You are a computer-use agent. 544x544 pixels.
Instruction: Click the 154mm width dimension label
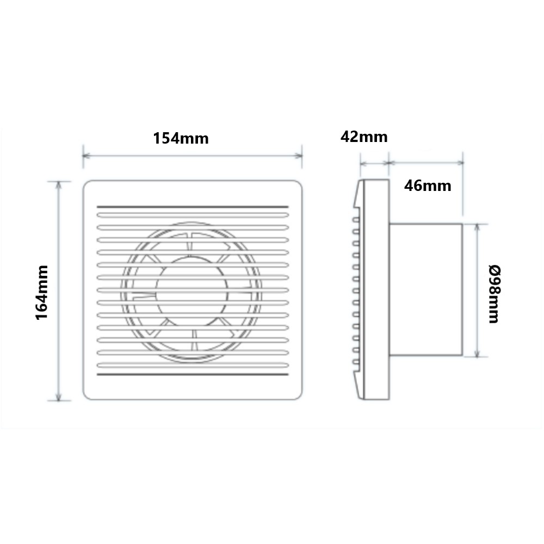pyautogui.click(x=181, y=138)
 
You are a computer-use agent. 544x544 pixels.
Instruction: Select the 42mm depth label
pyautogui.click(x=364, y=137)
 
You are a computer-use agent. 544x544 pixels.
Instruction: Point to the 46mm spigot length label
pyautogui.click(x=428, y=186)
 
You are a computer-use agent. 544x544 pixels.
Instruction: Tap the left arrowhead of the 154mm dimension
pyautogui.click(x=85, y=156)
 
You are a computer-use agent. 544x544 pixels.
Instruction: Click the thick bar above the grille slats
pyautogui.click(x=193, y=206)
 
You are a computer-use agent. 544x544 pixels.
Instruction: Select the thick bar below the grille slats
pyautogui.click(x=193, y=375)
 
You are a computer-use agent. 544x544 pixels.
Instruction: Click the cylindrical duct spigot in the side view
pyautogui.click(x=425, y=290)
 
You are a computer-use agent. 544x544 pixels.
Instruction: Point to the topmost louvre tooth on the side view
pyautogui.click(x=355, y=220)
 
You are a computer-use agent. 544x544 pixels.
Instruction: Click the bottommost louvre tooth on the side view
pyautogui.click(x=355, y=361)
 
